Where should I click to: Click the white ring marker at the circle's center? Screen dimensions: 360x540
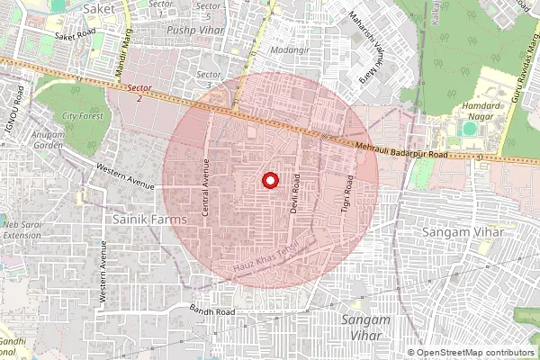click(x=268, y=181)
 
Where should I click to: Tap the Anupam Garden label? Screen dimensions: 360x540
click(x=49, y=140)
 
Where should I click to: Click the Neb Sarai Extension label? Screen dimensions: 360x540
click(x=22, y=229)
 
